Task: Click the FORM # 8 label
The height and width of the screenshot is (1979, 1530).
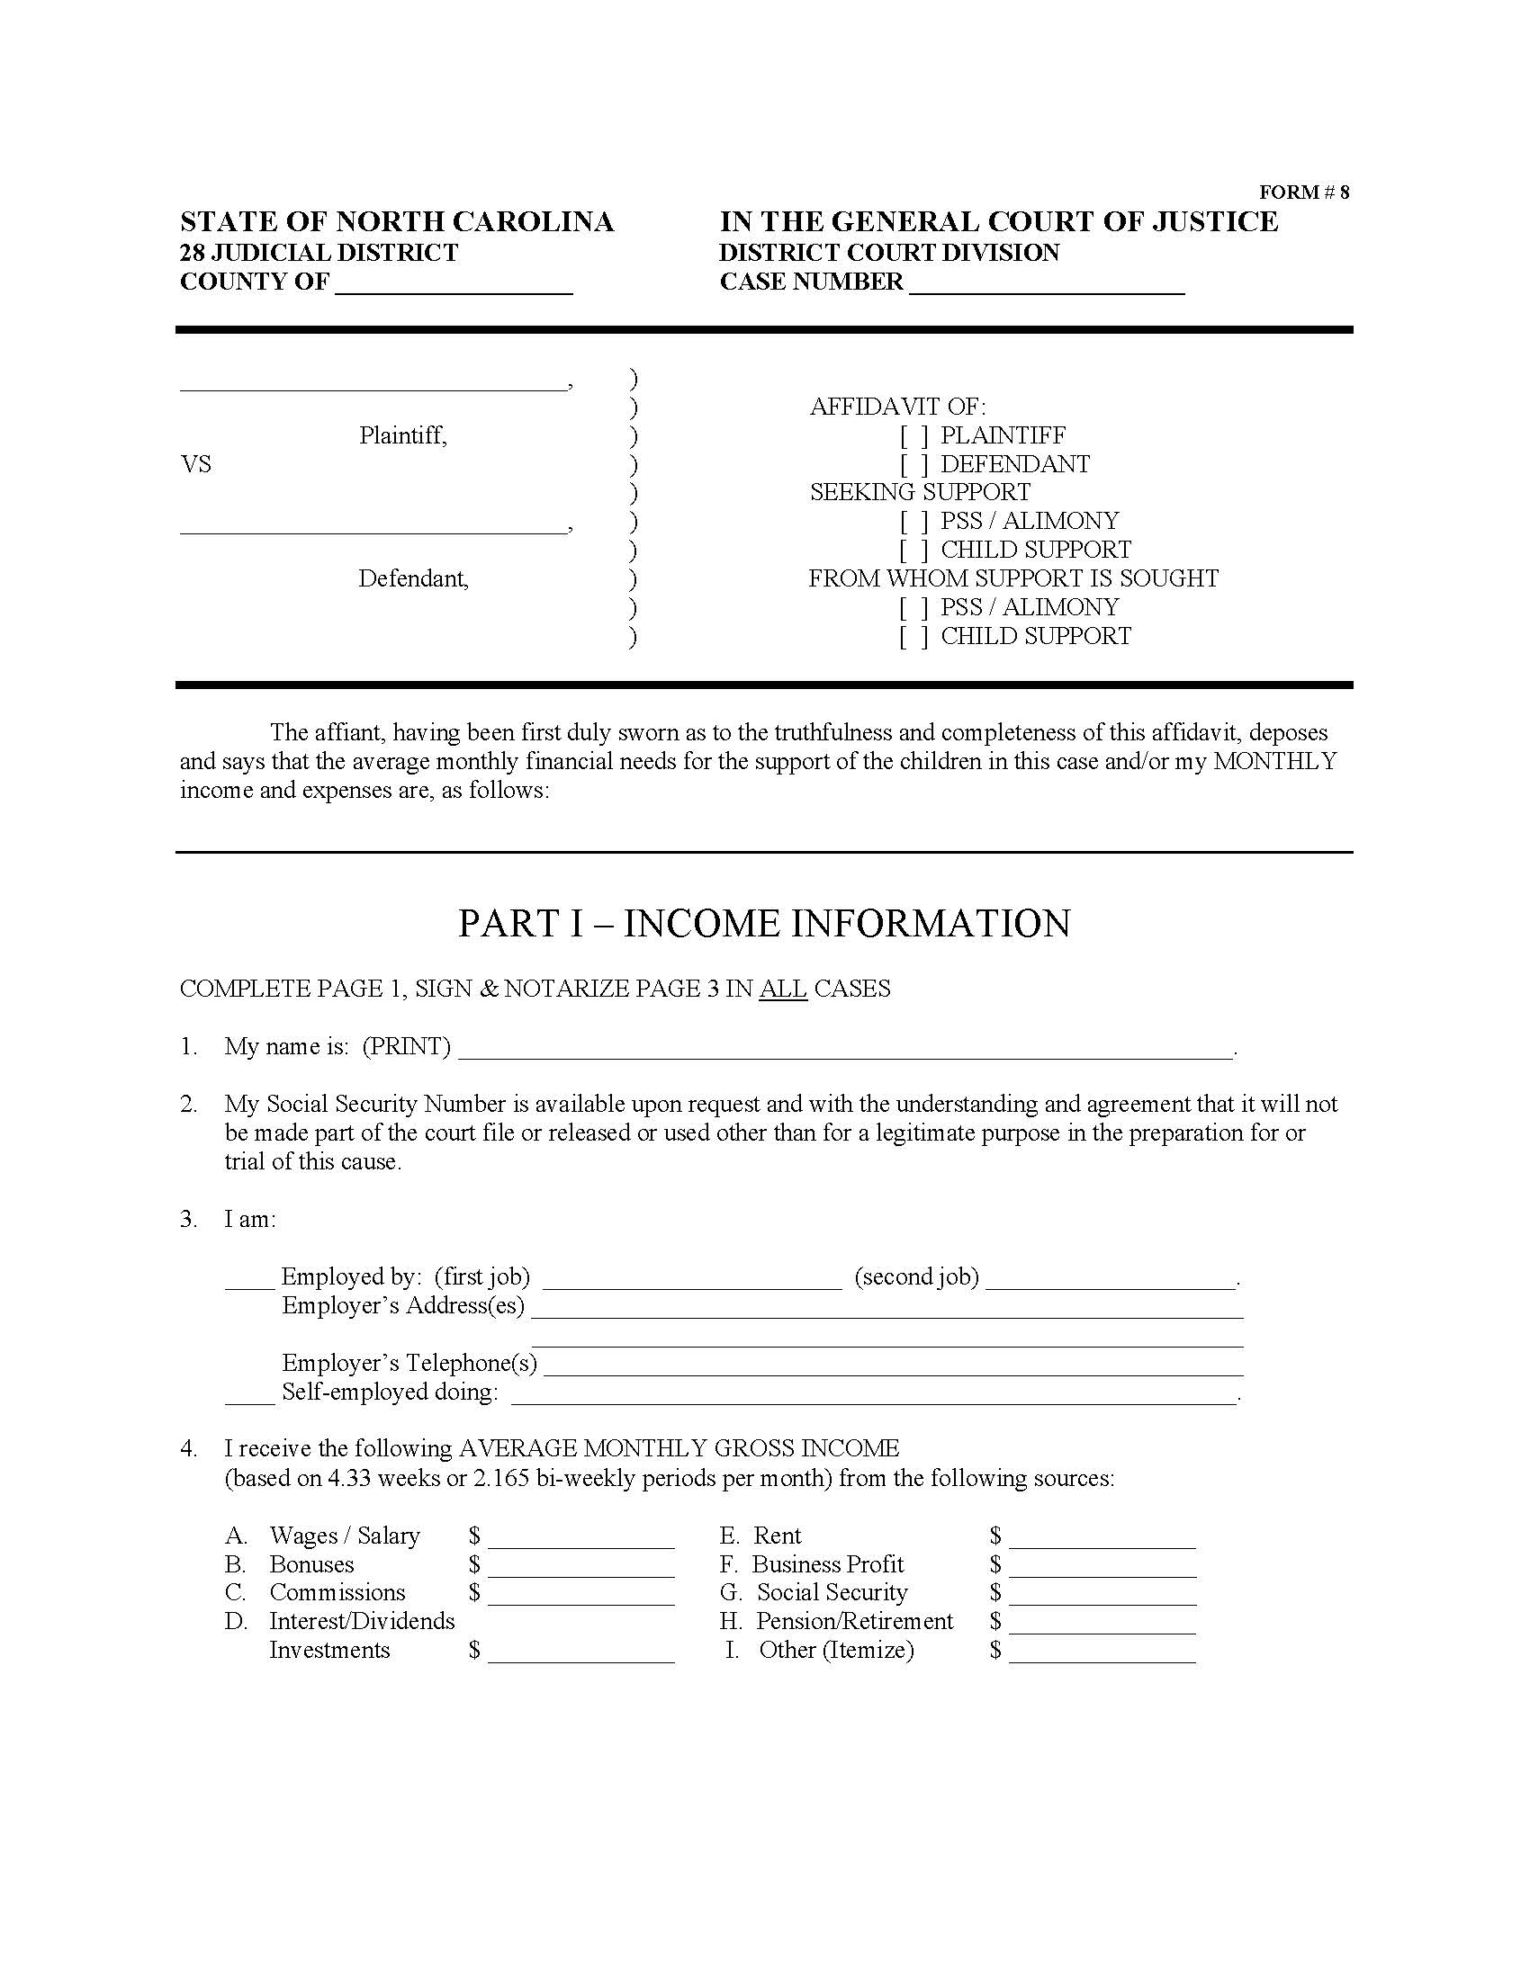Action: pyautogui.click(x=1303, y=193)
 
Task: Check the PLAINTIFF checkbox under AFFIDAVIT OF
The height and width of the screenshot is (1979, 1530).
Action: pyautogui.click(x=913, y=437)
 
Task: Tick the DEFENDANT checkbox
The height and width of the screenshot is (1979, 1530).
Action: pyautogui.click(x=913, y=466)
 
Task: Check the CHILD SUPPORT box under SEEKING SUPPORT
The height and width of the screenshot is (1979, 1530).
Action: pyautogui.click(x=913, y=551)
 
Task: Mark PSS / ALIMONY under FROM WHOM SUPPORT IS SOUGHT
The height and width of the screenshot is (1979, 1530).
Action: pyautogui.click(x=913, y=608)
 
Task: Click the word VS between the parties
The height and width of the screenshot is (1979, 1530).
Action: pyautogui.click(x=196, y=465)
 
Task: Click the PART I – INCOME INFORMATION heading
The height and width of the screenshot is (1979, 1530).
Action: pyautogui.click(x=764, y=923)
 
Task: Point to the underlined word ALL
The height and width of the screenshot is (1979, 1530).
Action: pyautogui.click(x=783, y=989)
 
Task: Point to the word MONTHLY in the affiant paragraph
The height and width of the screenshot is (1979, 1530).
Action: pyautogui.click(x=1275, y=761)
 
